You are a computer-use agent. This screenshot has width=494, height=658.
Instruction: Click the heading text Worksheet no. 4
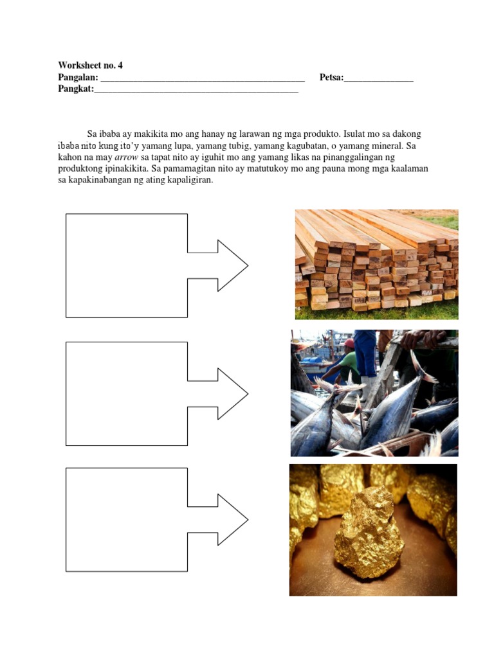click(90, 65)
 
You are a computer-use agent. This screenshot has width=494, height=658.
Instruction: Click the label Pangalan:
click(78, 78)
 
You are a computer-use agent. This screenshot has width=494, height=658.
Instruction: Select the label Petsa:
click(332, 78)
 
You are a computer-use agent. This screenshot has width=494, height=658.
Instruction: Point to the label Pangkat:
click(76, 89)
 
